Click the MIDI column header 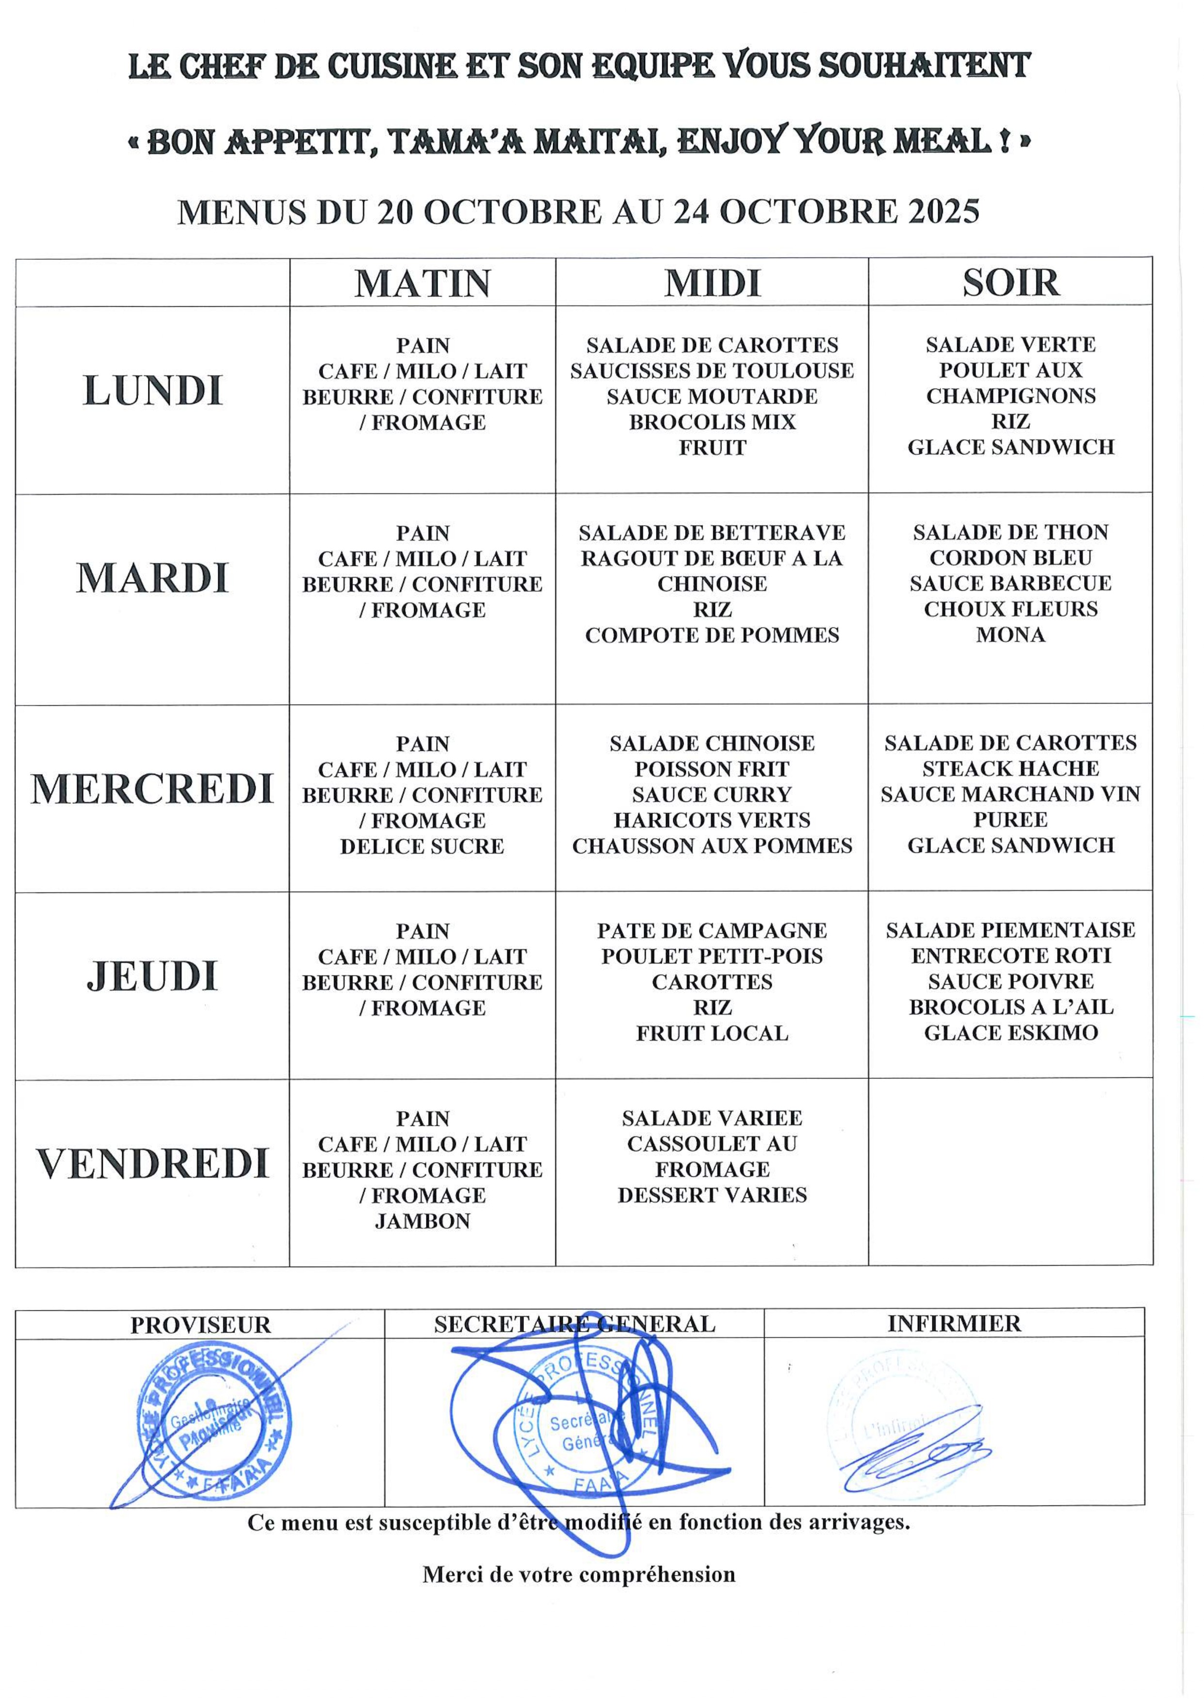(712, 283)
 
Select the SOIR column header (1010, 282)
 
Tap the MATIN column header (423, 283)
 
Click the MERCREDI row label (152, 789)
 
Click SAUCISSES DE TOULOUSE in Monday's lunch (712, 371)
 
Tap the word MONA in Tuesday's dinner (1010, 635)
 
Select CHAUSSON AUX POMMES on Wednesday (712, 846)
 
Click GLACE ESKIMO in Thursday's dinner (1010, 1033)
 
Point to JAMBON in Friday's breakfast (423, 1222)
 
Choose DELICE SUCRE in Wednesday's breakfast (423, 846)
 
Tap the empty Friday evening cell (1010, 1172)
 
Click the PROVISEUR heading (200, 1325)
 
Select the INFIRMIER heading (954, 1324)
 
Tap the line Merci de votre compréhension (579, 1575)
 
